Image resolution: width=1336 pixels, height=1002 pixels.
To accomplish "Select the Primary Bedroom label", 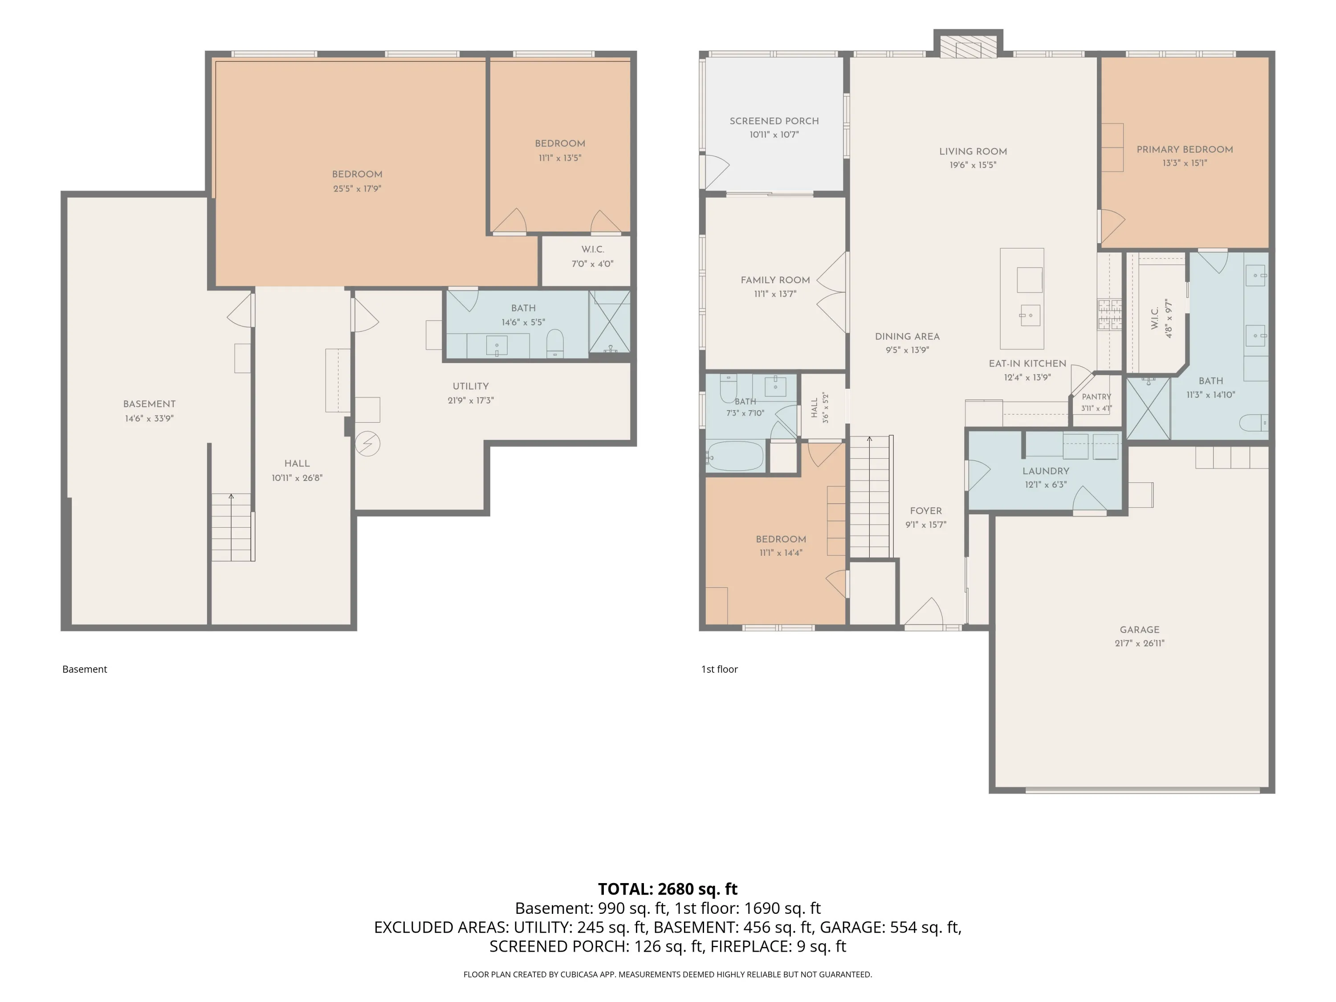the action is click(x=1185, y=149).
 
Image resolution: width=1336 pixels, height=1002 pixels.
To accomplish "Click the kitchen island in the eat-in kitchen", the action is click(x=1022, y=298).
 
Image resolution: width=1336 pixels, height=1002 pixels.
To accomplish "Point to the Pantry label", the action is click(x=1096, y=397).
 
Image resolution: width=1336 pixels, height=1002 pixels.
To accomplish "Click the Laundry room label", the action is click(x=1046, y=471).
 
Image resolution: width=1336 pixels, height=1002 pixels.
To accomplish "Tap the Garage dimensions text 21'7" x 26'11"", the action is click(x=1139, y=643).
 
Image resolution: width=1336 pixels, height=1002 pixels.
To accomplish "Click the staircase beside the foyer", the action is click(x=870, y=497).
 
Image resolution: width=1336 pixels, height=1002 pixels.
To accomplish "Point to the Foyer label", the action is click(x=925, y=511).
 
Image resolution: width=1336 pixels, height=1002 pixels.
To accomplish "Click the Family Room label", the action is click(x=775, y=280).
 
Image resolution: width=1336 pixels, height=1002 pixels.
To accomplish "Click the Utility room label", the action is click(x=471, y=387).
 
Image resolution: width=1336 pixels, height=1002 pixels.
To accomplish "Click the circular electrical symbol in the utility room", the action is click(x=367, y=444).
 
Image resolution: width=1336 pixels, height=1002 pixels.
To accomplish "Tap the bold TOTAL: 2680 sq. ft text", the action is click(x=668, y=889).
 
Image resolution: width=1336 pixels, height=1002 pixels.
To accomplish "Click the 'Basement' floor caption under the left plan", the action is click(x=85, y=669).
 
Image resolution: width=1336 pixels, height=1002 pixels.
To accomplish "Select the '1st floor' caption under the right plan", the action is click(x=719, y=669).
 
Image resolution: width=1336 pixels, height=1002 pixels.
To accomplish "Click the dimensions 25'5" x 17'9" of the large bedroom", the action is click(x=357, y=188).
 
